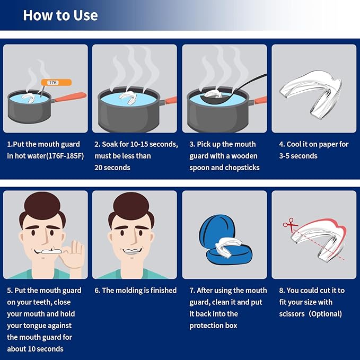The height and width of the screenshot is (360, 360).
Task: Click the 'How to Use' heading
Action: click(x=60, y=15)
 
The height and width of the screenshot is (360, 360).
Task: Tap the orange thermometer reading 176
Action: click(x=52, y=83)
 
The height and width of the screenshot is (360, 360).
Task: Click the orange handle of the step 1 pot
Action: click(x=68, y=98)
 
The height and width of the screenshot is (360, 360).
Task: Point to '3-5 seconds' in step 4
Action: click(x=298, y=156)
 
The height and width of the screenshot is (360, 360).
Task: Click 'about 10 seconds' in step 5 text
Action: click(x=35, y=349)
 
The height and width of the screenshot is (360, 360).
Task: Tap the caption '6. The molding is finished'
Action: click(x=135, y=291)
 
